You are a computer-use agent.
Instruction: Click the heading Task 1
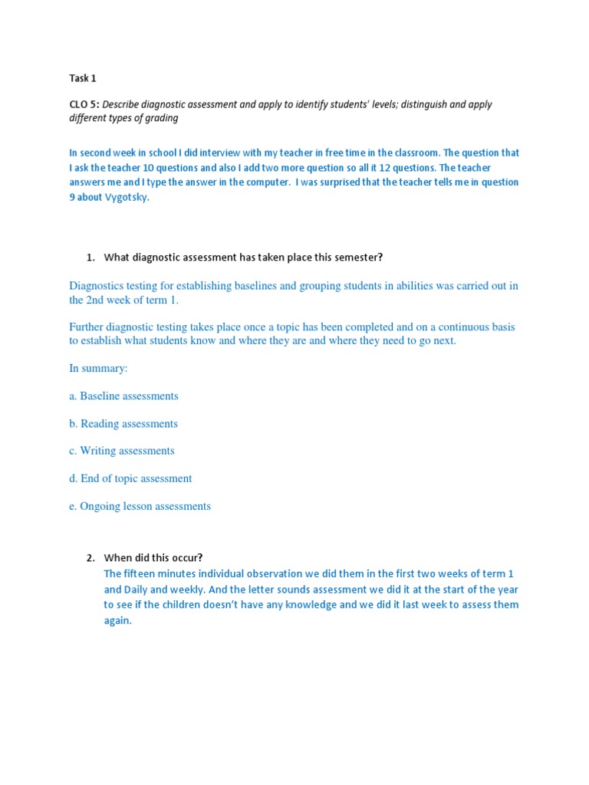click(x=83, y=78)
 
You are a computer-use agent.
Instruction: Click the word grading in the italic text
click(x=162, y=118)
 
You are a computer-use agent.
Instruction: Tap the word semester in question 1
click(x=356, y=257)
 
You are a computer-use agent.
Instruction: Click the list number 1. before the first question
click(x=90, y=257)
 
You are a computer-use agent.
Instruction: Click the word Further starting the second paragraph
click(x=88, y=327)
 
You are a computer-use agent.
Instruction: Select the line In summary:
click(x=98, y=368)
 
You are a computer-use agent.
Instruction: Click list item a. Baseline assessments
click(x=123, y=396)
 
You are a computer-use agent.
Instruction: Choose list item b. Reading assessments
click(x=123, y=423)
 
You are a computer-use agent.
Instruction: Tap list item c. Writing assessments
click(x=122, y=451)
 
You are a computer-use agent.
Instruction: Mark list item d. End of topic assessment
click(x=130, y=478)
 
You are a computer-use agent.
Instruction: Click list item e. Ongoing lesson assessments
click(x=140, y=506)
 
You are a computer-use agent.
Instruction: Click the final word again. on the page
click(x=118, y=620)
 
